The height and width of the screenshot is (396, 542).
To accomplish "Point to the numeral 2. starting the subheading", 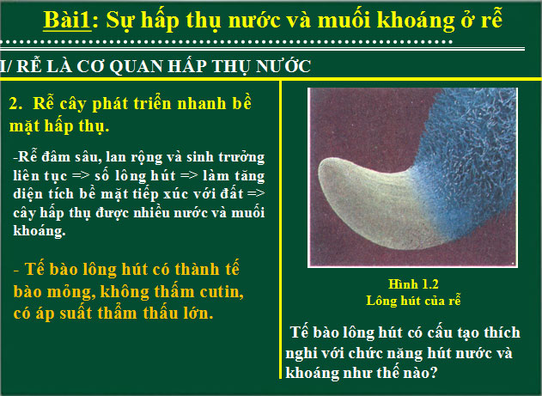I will [x=15, y=103].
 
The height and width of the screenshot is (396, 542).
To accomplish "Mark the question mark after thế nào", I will [x=435, y=374].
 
